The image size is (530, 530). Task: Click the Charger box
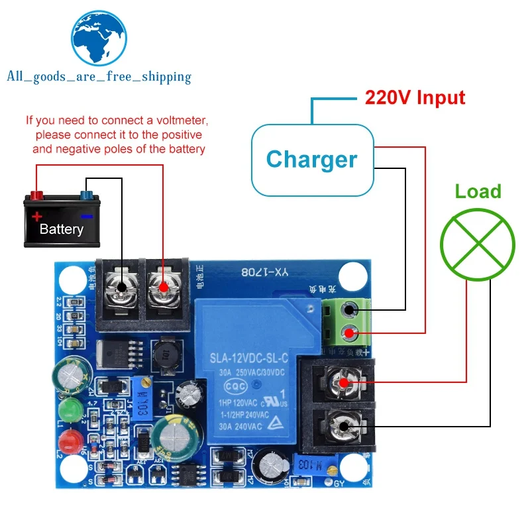311,160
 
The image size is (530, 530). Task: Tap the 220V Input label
415,98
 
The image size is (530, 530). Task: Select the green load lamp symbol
478,240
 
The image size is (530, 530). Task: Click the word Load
478,192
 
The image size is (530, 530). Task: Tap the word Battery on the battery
61,230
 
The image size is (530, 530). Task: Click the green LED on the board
70,409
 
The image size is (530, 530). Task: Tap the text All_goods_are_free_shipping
98,77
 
